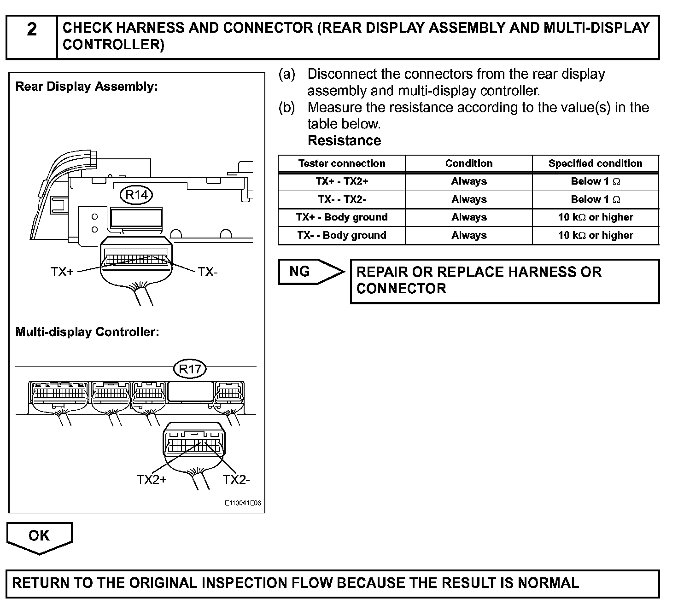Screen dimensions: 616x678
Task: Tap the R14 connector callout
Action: click(x=136, y=195)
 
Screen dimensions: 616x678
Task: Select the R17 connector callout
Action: click(x=190, y=369)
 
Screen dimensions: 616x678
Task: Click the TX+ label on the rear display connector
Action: click(x=62, y=272)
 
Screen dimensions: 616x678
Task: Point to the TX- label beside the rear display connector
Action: click(x=207, y=272)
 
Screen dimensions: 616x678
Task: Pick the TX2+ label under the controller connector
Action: click(x=152, y=480)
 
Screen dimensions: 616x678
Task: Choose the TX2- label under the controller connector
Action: click(x=236, y=480)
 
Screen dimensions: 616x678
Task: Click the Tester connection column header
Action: click(x=341, y=163)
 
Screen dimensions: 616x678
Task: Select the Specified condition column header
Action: click(x=595, y=163)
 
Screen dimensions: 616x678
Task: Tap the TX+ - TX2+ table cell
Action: click(x=341, y=181)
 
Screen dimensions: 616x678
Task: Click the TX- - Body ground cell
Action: click(x=341, y=235)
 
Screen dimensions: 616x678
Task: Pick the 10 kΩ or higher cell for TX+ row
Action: click(x=595, y=217)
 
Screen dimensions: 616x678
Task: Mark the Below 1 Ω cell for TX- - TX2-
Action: click(x=595, y=199)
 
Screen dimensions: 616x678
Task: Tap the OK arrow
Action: click(x=39, y=536)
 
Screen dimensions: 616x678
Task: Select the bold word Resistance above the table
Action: click(x=344, y=140)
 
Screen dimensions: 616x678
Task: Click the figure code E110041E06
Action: click(x=243, y=503)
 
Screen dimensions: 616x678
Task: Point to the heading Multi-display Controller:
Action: click(x=87, y=332)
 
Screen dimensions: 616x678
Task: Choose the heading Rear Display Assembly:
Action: click(x=87, y=87)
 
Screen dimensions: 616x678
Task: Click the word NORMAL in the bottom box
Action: click(x=548, y=583)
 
